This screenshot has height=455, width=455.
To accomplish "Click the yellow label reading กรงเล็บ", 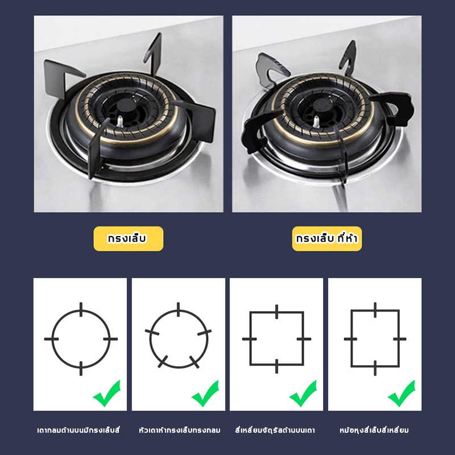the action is [x=129, y=238].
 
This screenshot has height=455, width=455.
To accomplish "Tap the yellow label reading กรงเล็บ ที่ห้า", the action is [x=326, y=238].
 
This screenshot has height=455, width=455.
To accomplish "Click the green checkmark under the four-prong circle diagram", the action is [x=107, y=393].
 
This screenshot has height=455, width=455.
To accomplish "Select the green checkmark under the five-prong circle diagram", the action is [x=205, y=393].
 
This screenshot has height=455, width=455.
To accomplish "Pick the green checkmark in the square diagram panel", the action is [x=303, y=393].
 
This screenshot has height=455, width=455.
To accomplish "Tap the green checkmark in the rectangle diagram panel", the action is [x=402, y=393].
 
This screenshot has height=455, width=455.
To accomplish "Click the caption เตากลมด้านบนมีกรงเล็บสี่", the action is [x=78, y=430].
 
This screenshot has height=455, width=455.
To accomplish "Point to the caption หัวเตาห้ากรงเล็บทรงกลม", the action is [x=179, y=430].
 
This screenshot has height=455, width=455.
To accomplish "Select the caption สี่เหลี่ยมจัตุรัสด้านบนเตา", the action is [x=275, y=430].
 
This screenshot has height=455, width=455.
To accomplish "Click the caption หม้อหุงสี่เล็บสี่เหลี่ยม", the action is [x=374, y=430].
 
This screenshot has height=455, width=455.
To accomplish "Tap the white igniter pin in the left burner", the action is [x=119, y=121].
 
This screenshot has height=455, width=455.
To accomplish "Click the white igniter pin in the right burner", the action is [x=316, y=121].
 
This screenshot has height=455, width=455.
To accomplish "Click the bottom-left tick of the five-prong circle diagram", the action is [x=163, y=362].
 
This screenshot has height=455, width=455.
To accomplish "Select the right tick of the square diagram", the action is [x=304, y=339].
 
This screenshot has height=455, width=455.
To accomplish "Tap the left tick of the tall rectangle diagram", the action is [x=350, y=339].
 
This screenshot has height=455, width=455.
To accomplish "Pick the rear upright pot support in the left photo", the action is [x=154, y=53].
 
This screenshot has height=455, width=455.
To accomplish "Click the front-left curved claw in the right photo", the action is [x=257, y=131].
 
